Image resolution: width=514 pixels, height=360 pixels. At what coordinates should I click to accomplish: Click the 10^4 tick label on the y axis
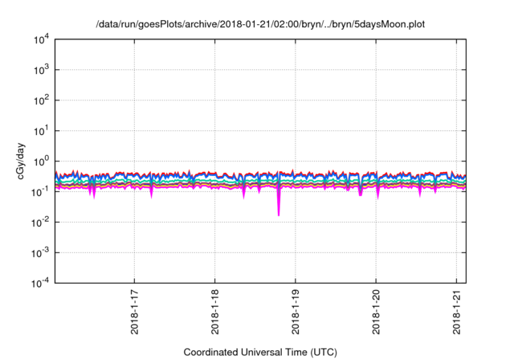pos(40,39)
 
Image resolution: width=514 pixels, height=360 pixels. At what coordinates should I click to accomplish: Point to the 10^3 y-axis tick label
pos(40,70)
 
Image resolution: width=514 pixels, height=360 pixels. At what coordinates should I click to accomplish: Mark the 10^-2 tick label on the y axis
pos(40,222)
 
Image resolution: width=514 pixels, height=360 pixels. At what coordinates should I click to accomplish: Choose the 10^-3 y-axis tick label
pos(40,252)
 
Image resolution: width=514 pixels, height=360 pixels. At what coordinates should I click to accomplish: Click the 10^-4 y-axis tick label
pos(40,283)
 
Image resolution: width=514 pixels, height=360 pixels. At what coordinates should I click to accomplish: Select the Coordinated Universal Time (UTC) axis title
pos(260,352)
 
